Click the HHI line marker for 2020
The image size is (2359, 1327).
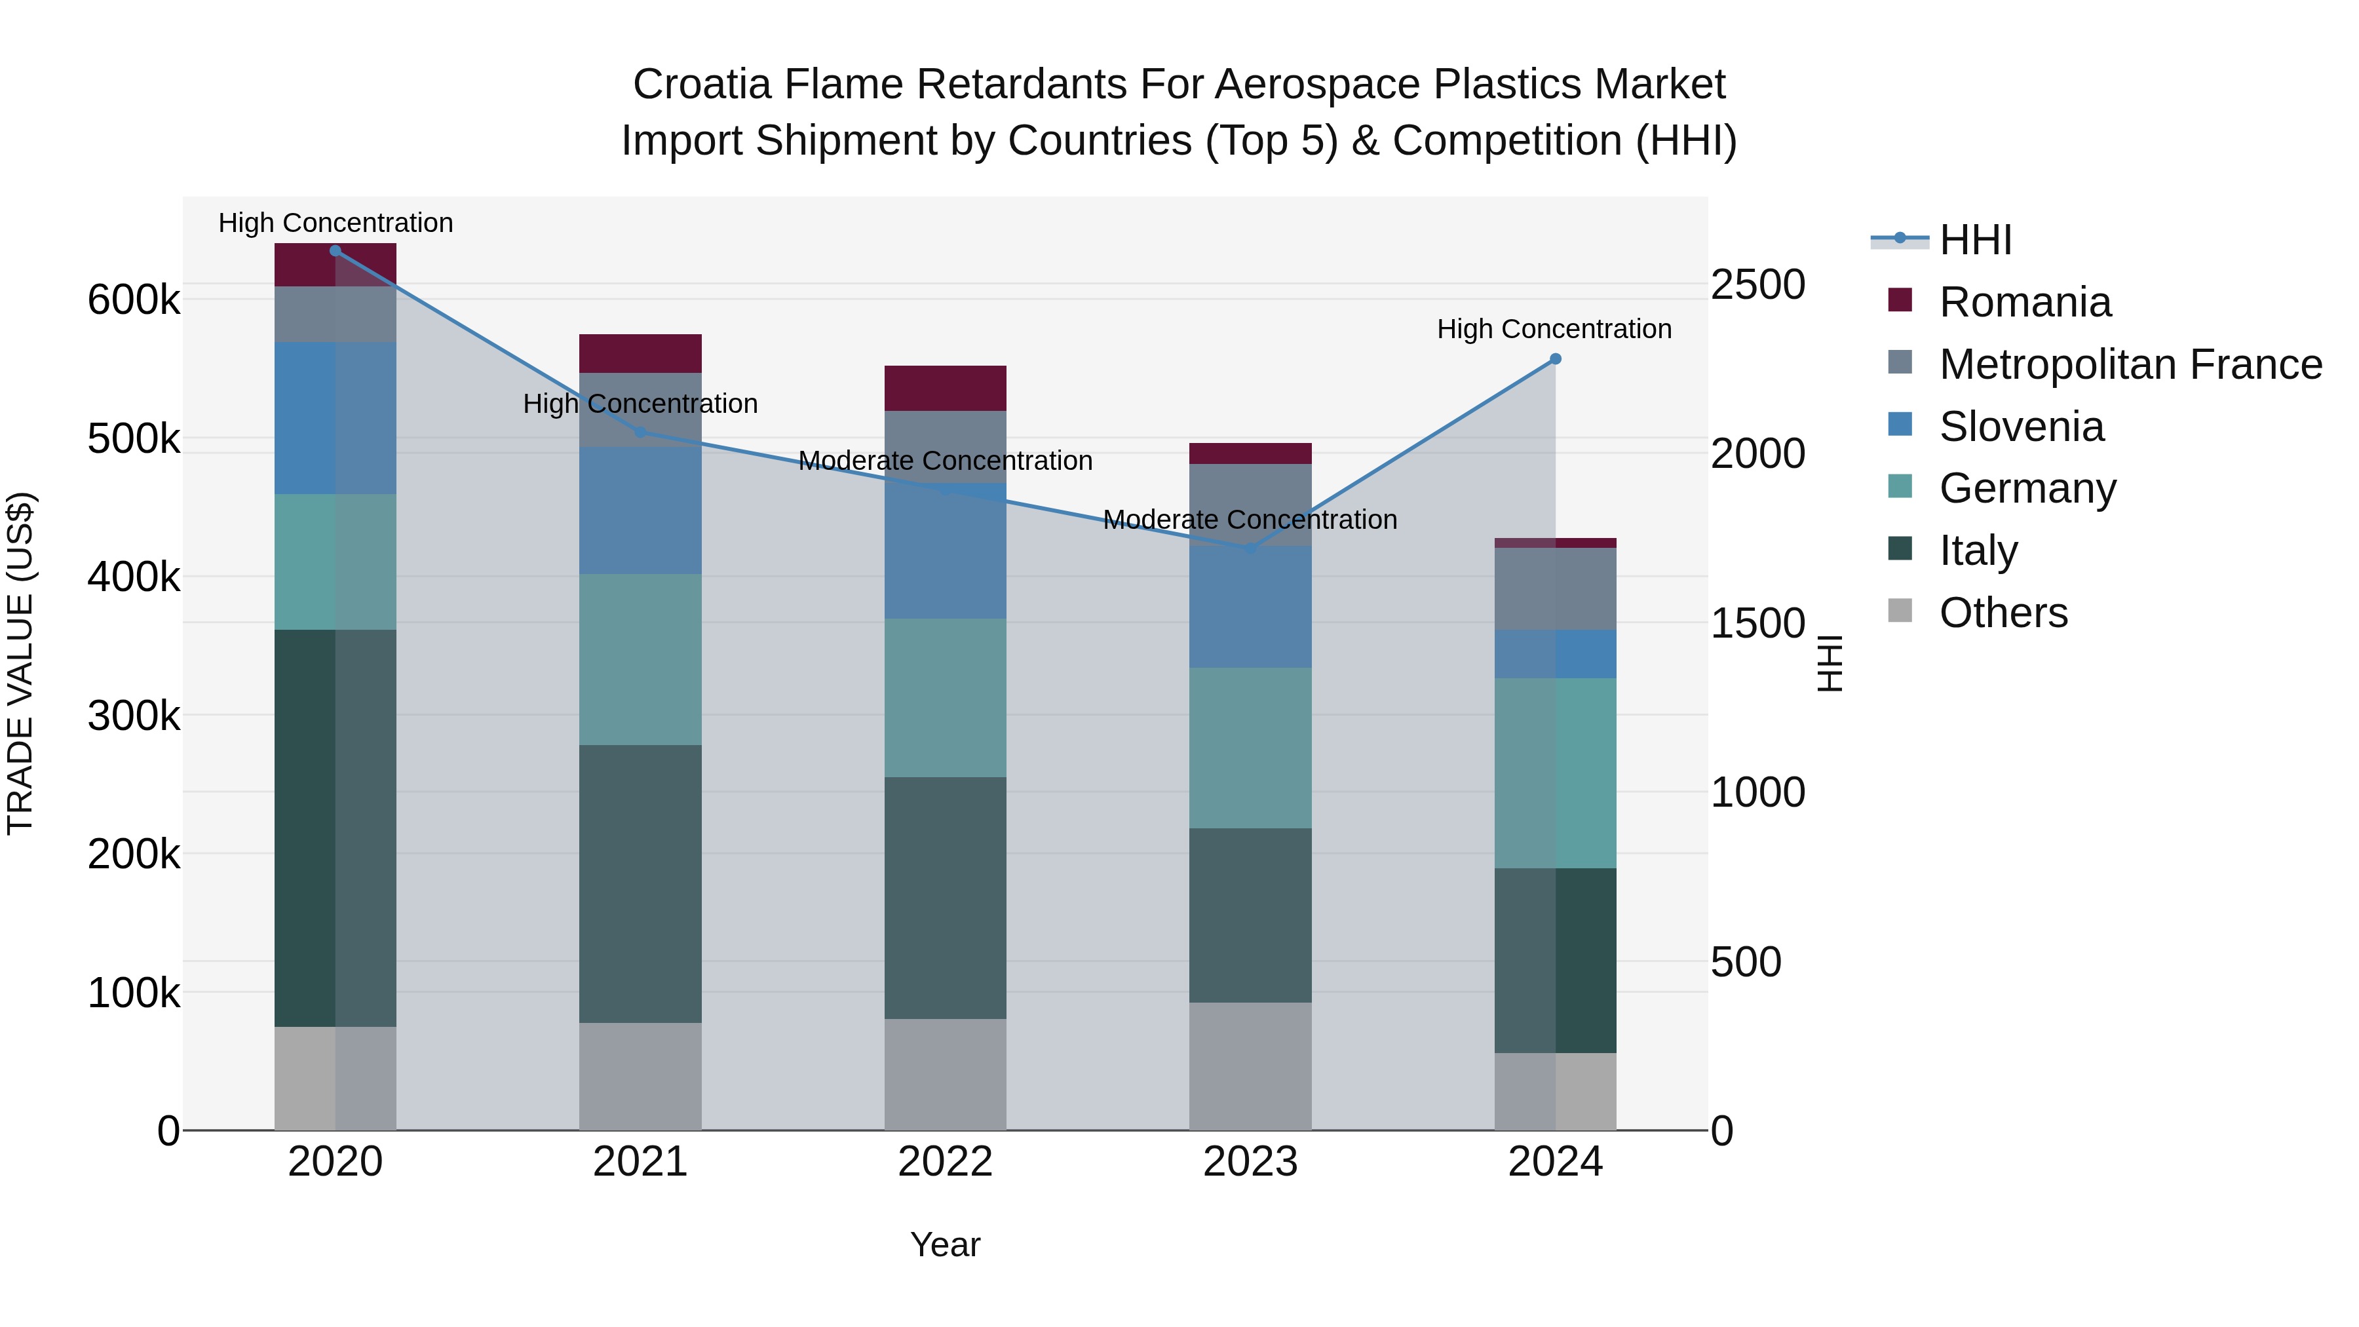[335, 251]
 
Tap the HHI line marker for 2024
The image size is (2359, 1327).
[1555, 359]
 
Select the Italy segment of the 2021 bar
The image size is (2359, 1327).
[640, 884]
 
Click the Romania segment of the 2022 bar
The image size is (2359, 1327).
[945, 389]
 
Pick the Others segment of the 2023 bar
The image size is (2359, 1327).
[1250, 1066]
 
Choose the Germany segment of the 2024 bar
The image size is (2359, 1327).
[1555, 773]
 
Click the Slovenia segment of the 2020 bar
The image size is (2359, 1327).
[335, 419]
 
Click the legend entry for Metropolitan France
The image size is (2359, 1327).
[2130, 364]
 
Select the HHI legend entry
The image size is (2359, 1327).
[1975, 240]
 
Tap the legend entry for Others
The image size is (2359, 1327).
[2003, 613]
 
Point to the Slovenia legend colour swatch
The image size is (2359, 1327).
[1900, 425]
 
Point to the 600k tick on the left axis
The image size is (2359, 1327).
[134, 299]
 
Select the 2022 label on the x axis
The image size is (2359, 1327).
[945, 1162]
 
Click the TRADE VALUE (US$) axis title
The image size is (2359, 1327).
[20, 663]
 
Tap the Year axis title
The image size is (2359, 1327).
[945, 1244]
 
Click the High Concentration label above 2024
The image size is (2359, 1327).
[1554, 329]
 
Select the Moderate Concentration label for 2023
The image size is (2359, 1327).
[1250, 519]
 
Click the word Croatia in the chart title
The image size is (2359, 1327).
[701, 85]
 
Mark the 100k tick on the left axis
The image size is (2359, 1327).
[134, 993]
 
